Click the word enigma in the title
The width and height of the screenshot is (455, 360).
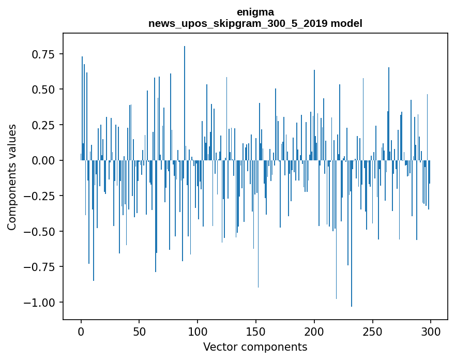[255, 12]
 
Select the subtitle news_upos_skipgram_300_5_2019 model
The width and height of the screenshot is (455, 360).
[255, 23]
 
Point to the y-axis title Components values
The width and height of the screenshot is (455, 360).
[12, 177]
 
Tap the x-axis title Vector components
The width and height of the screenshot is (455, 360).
[255, 347]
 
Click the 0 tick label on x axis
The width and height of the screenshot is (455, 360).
[81, 331]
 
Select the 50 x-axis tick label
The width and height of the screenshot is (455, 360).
[139, 331]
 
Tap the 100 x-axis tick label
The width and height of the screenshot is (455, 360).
[198, 331]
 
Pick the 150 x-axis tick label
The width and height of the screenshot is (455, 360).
[256, 331]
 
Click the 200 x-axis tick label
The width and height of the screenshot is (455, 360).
[314, 331]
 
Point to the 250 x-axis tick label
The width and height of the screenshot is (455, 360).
[372, 331]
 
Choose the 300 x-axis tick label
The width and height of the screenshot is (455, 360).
[431, 331]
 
